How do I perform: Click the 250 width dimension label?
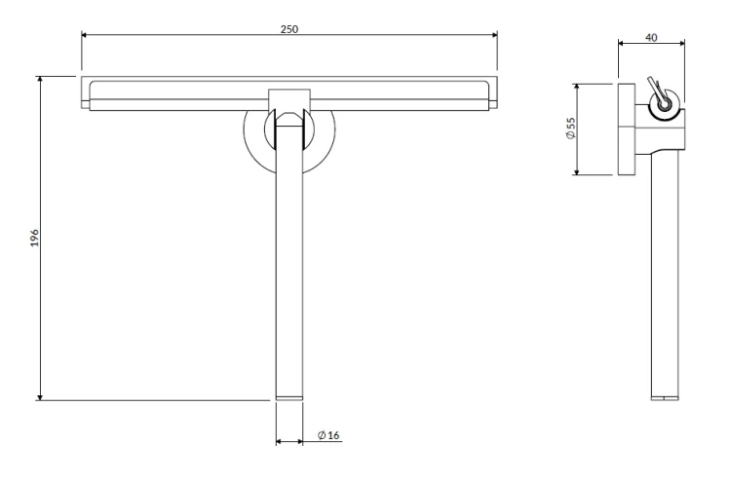(x=289, y=29)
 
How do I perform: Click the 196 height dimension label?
(x=35, y=238)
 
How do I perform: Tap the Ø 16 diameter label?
(x=328, y=435)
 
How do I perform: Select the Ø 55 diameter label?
(x=570, y=129)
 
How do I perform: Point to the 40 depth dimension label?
(x=651, y=37)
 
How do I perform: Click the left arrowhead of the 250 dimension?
(x=85, y=34)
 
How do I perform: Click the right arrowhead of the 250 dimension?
(x=494, y=34)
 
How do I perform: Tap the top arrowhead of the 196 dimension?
(x=40, y=79)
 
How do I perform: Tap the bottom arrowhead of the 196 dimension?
(x=40, y=396)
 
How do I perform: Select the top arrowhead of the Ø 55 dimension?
(x=577, y=88)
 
